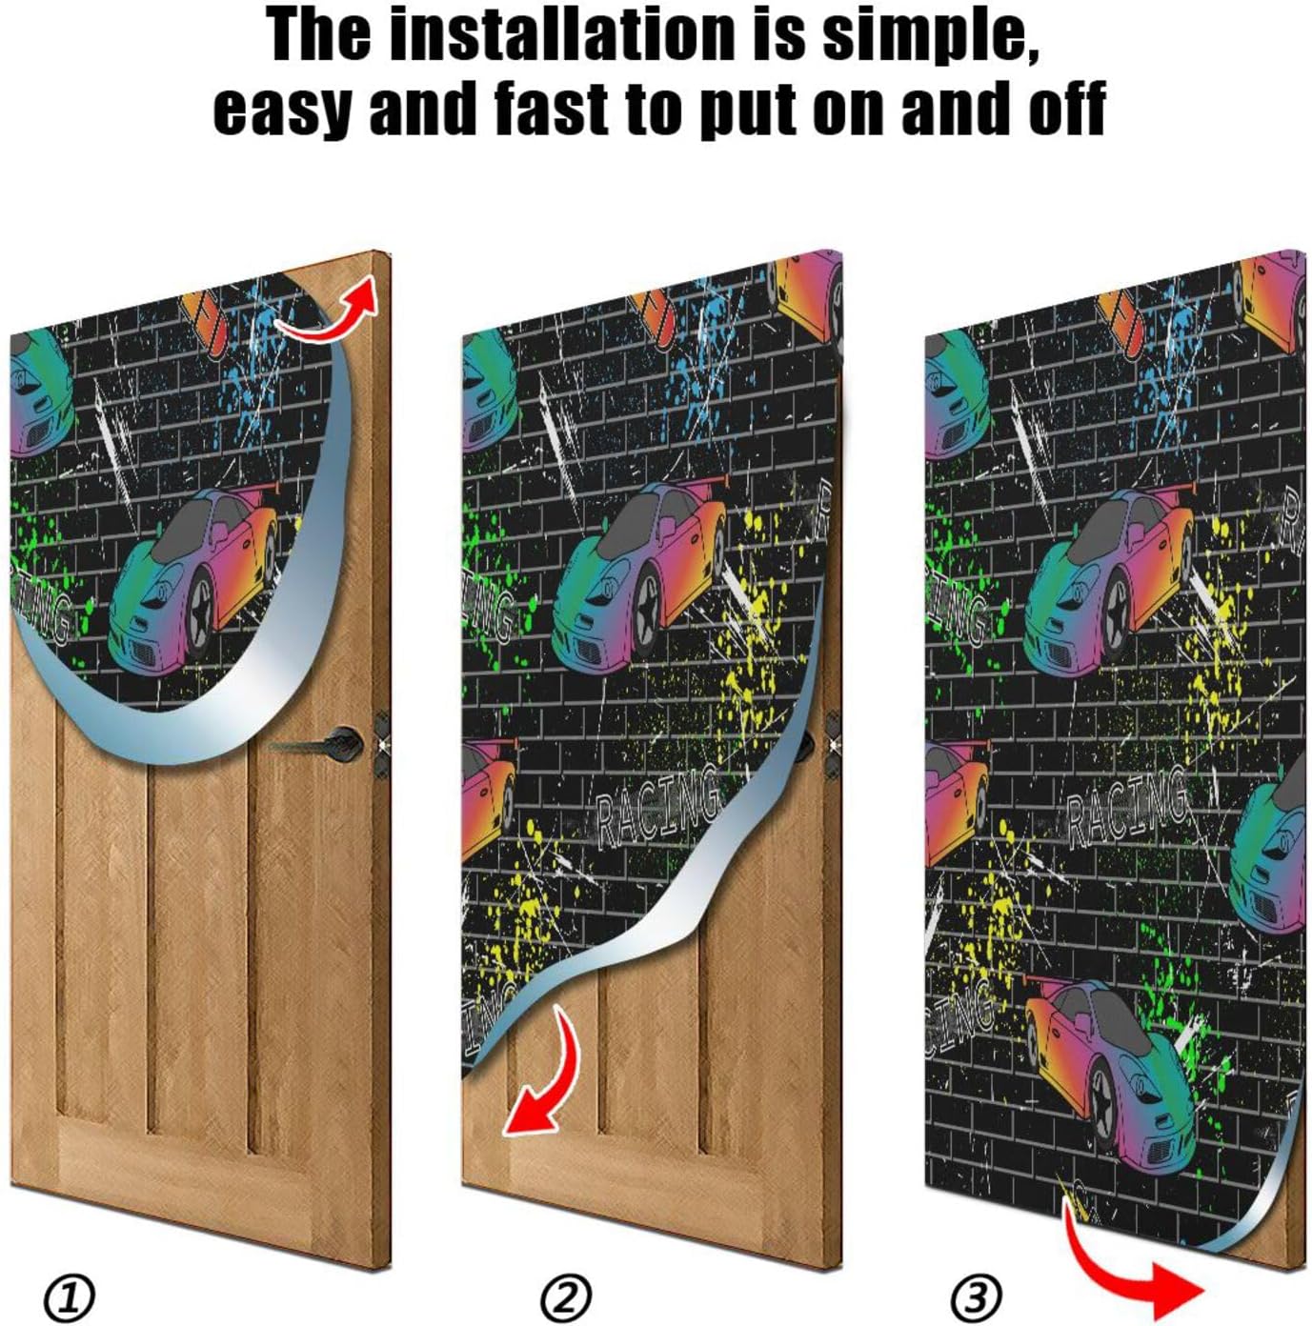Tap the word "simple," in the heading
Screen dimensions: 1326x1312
[x=930, y=36]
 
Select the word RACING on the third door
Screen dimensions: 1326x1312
[x=1126, y=809]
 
